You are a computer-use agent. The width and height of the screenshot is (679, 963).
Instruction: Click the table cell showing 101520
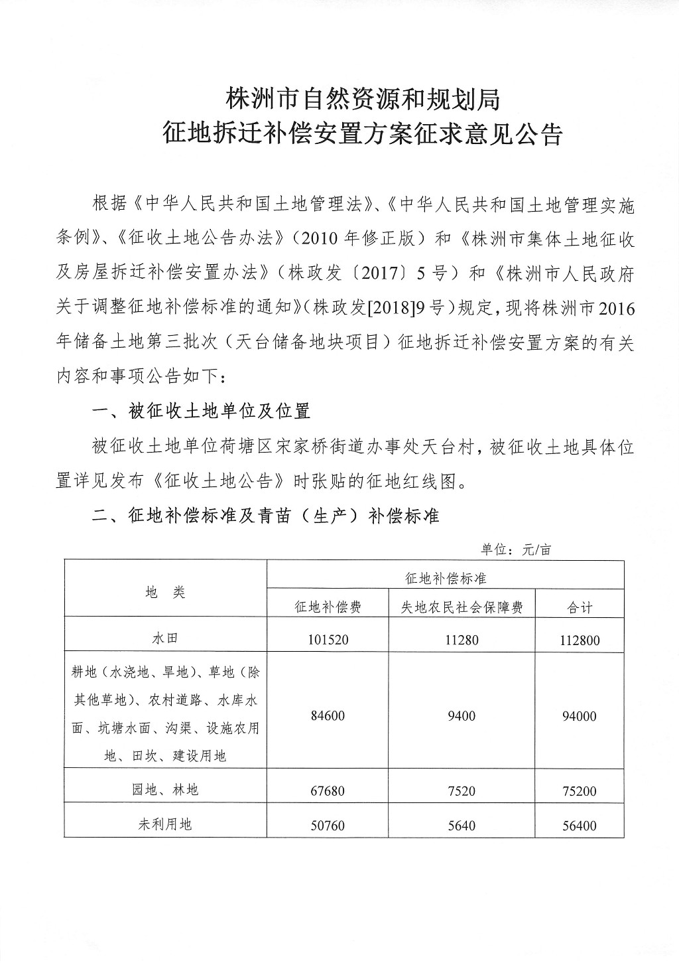coord(328,640)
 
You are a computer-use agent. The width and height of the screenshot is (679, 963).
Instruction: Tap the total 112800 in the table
coord(579,640)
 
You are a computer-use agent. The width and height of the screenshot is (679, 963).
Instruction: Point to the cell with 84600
coord(328,716)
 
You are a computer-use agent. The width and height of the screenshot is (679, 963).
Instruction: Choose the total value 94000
coord(579,716)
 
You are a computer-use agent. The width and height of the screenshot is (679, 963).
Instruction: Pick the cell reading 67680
coord(328,791)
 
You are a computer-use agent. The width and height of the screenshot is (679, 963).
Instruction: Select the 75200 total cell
coord(579,791)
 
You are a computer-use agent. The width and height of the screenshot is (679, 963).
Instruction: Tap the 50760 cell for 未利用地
coord(328,826)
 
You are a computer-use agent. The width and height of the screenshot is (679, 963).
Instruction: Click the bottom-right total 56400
coord(579,826)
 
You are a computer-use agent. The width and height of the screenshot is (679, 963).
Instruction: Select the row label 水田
coord(166,638)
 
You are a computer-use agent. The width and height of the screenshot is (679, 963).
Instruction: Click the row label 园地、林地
coord(166,790)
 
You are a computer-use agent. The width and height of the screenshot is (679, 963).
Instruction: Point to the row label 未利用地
coord(166,824)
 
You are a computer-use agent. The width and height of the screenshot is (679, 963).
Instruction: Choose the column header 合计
coord(579,607)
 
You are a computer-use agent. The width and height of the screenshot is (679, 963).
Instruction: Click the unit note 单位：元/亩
coord(516,550)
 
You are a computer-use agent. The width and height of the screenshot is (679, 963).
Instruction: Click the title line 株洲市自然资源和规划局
coord(362,100)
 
